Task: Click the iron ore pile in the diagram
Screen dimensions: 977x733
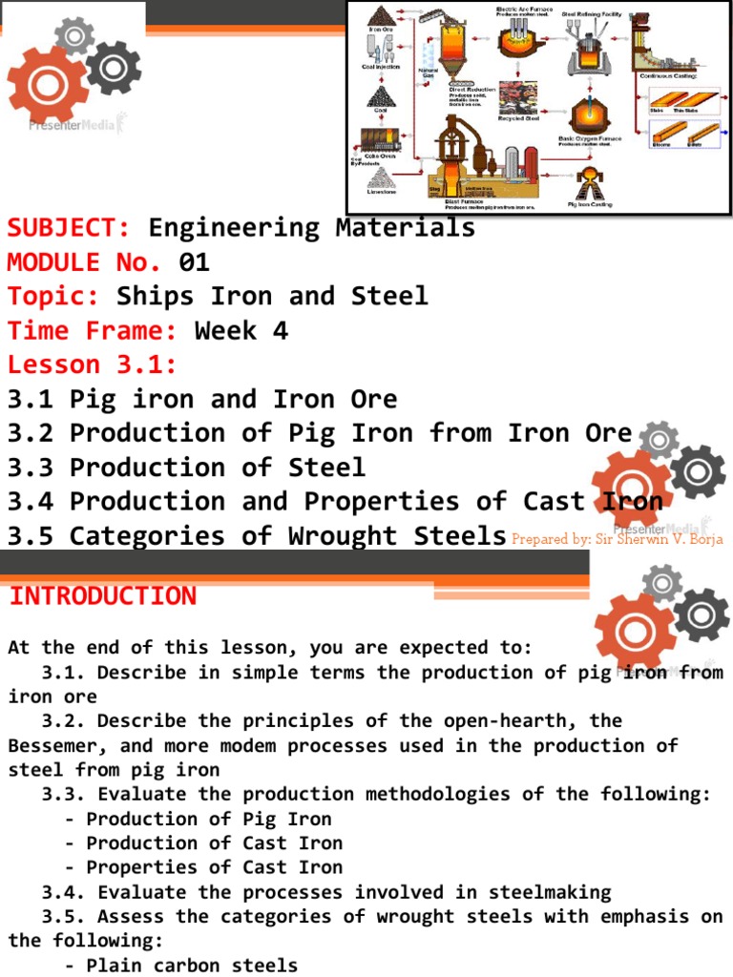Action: [x=383, y=16]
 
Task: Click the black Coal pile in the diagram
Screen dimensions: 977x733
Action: [x=380, y=93]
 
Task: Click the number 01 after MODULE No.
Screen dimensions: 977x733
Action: [x=194, y=262]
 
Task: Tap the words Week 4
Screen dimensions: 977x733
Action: [x=241, y=331]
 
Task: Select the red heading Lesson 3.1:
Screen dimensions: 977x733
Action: [x=93, y=365]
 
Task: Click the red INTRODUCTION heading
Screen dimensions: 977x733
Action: [x=102, y=596]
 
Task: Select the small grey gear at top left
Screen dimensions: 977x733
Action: [x=73, y=35]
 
